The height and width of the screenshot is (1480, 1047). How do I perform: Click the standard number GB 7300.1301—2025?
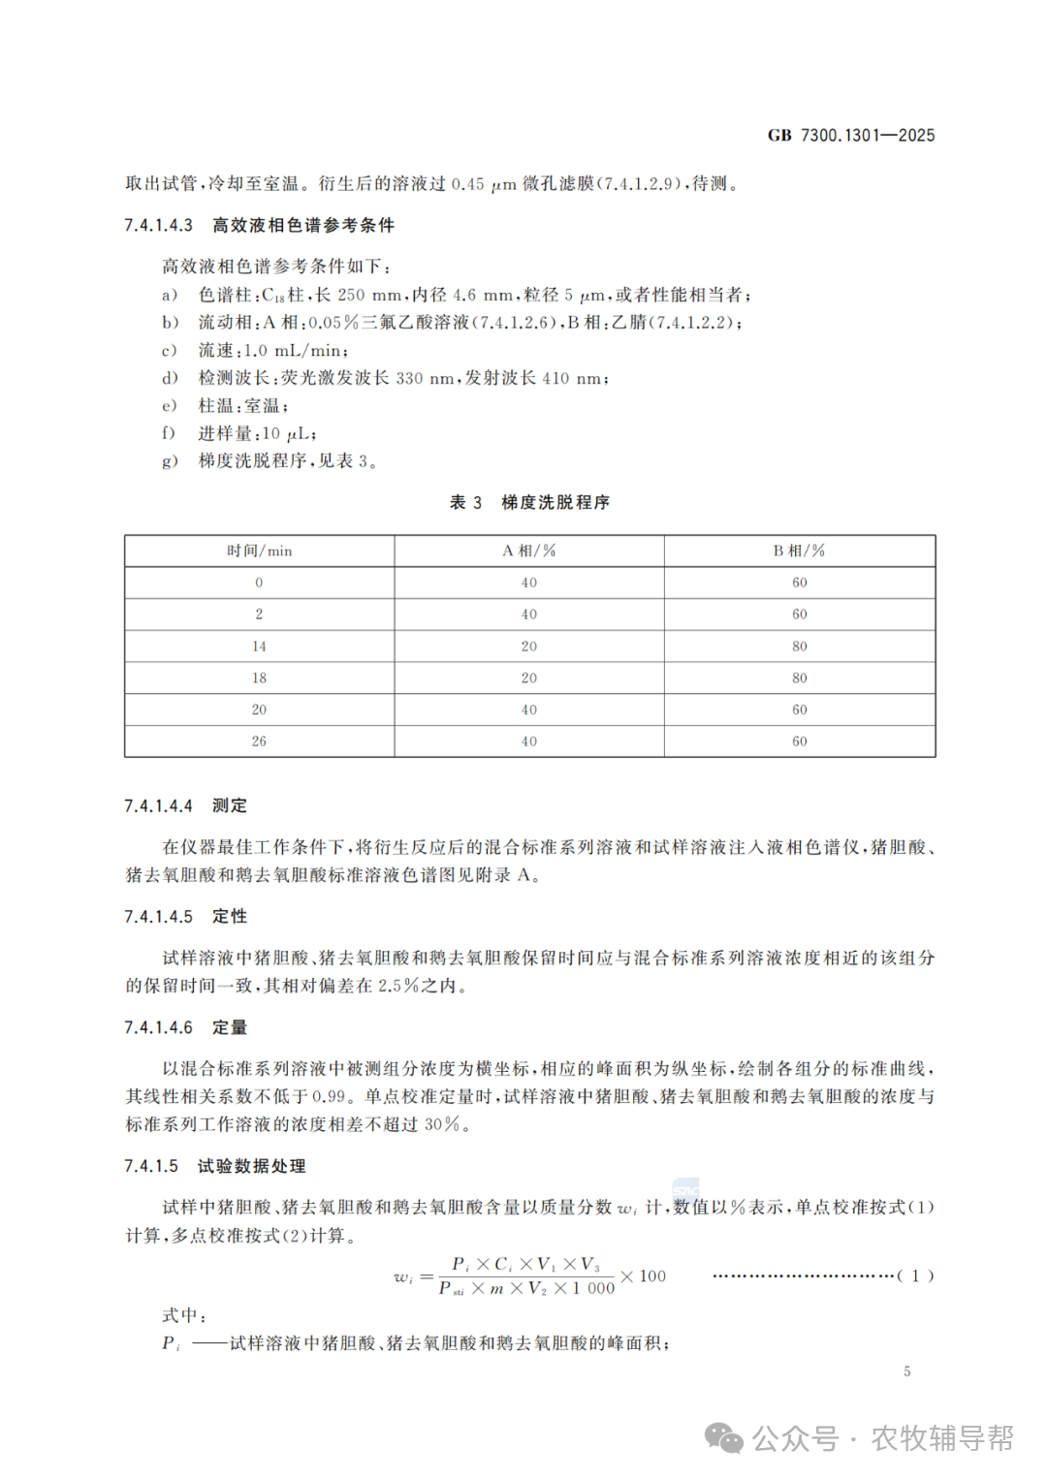(x=850, y=136)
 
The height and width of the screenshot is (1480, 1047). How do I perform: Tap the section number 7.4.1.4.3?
(x=159, y=226)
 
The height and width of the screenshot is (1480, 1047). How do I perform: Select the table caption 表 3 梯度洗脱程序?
(x=529, y=502)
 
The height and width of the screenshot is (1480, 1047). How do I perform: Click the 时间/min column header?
(x=259, y=551)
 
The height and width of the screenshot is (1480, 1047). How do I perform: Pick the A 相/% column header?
(x=528, y=551)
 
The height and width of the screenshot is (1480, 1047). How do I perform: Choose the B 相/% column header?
(x=799, y=551)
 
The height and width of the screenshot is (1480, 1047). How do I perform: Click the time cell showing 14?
(x=259, y=646)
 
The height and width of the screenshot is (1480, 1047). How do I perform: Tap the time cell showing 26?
(x=259, y=741)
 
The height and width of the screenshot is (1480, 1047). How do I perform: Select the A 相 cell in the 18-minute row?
(x=528, y=678)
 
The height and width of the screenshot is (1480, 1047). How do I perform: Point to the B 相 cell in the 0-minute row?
(x=799, y=583)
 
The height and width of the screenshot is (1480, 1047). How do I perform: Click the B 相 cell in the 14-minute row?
(x=799, y=646)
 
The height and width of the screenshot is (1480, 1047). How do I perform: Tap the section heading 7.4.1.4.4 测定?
(x=185, y=806)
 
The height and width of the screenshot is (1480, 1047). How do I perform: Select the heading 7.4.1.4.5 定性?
(x=185, y=917)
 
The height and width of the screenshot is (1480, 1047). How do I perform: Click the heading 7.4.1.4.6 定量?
(x=185, y=1027)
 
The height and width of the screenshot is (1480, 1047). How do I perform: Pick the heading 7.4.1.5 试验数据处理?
(x=214, y=1167)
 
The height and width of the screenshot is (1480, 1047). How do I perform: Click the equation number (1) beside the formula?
(x=915, y=1276)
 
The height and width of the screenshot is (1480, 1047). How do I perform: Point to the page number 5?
(x=907, y=1371)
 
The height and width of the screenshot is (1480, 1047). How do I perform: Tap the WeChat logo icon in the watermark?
(x=724, y=1438)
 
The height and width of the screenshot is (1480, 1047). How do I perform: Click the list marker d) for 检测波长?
(x=170, y=379)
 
